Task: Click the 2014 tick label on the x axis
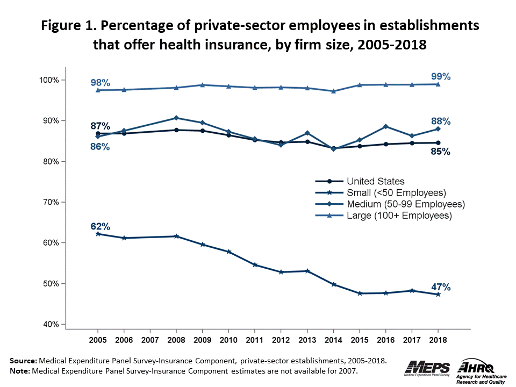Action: (333, 341)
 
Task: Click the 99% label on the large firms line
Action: (441, 77)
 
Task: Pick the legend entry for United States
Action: (376, 181)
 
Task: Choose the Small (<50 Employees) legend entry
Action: (397, 192)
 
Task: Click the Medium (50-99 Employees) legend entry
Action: (405, 204)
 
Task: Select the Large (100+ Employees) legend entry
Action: (399, 216)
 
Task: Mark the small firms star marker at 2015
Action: (360, 293)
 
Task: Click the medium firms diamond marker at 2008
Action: (176, 118)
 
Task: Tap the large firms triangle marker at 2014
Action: (333, 91)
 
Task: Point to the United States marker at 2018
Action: (438, 143)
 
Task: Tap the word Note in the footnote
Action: (20, 371)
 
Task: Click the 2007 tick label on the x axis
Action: (150, 341)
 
